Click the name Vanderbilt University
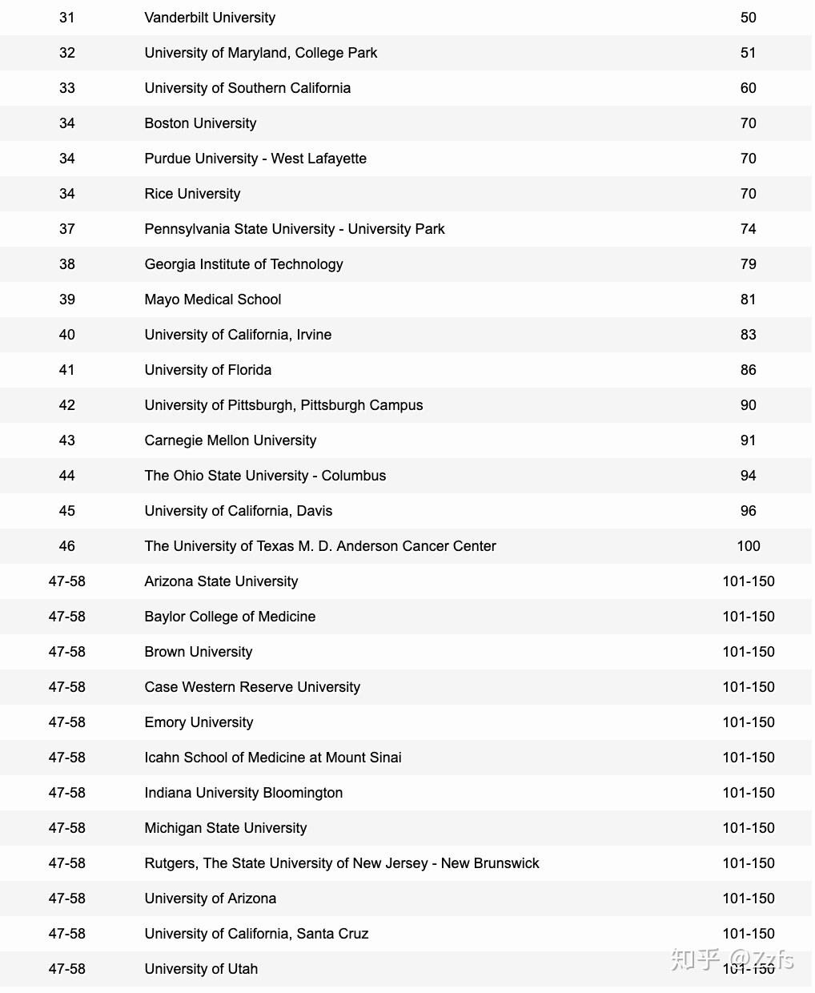(210, 18)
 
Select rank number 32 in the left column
(67, 53)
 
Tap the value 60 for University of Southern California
(748, 88)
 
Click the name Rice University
(192, 194)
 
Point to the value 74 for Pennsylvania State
(748, 229)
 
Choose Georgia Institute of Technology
(243, 264)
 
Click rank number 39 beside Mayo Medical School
(67, 300)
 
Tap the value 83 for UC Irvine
(748, 335)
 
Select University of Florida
(208, 370)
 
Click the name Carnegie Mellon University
(231, 440)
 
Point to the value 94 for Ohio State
(748, 476)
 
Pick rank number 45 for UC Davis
(67, 511)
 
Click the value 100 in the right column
(748, 546)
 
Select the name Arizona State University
(221, 581)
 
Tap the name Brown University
(199, 652)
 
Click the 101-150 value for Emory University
(748, 722)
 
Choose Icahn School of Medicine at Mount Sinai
(273, 758)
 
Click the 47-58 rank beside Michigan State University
(67, 828)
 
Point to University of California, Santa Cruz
(256, 934)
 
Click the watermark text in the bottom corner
(732, 959)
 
